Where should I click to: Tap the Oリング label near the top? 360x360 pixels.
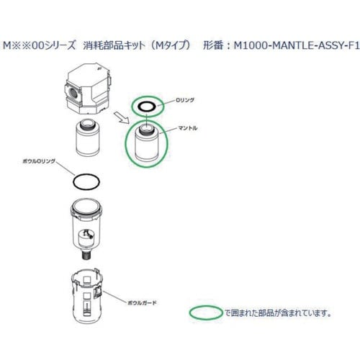[x=186, y=102]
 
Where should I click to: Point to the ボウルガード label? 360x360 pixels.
[x=141, y=304]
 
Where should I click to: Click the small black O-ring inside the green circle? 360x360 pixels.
[x=145, y=106]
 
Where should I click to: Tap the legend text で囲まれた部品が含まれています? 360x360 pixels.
[x=267, y=313]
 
